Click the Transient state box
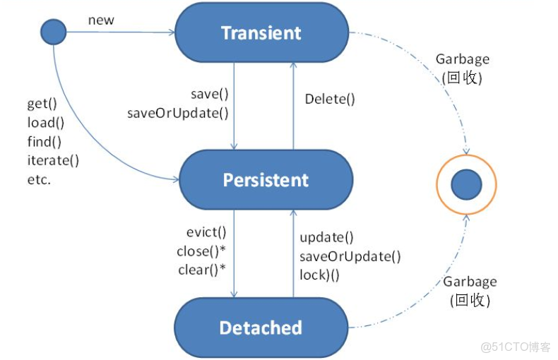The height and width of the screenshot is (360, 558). pos(261,32)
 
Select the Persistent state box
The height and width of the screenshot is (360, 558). pos(266,180)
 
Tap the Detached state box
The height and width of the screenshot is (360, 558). pos(261,328)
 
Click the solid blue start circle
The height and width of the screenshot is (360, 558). pos(54,32)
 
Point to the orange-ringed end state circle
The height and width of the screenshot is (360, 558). pos(465,185)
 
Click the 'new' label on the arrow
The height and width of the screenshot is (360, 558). pos(101,20)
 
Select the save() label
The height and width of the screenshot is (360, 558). pos(210,94)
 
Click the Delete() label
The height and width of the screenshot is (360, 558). pos(330,99)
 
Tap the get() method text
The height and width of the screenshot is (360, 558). pos(42,104)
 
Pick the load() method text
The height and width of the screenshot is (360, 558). pos(45,123)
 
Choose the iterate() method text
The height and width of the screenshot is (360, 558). pos(53,160)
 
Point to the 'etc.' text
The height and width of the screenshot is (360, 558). pos(40,179)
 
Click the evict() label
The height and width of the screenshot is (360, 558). pos(206,232)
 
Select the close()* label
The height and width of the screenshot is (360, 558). pos(203,251)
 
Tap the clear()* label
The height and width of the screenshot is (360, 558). pos(203,270)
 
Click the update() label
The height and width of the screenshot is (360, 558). pos(326,237)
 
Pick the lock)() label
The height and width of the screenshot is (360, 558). pos(319,275)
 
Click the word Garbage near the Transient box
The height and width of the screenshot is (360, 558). pos(463,59)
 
